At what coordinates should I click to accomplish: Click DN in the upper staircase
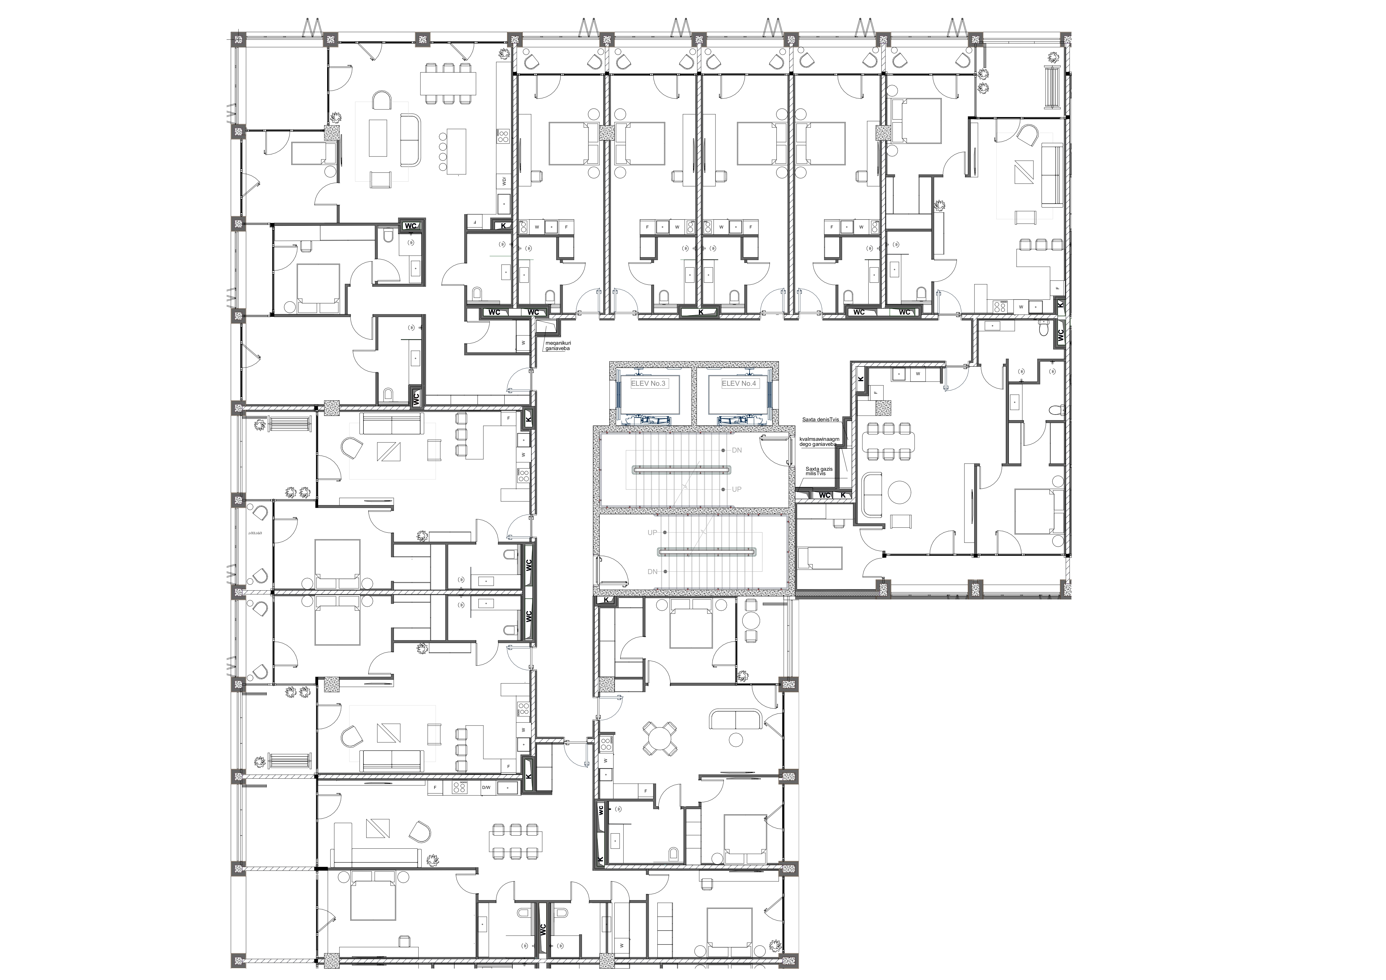tap(736, 450)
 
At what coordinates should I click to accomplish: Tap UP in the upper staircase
tap(736, 489)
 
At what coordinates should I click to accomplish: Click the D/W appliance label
tap(486, 788)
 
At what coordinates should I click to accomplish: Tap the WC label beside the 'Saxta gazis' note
tap(824, 495)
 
